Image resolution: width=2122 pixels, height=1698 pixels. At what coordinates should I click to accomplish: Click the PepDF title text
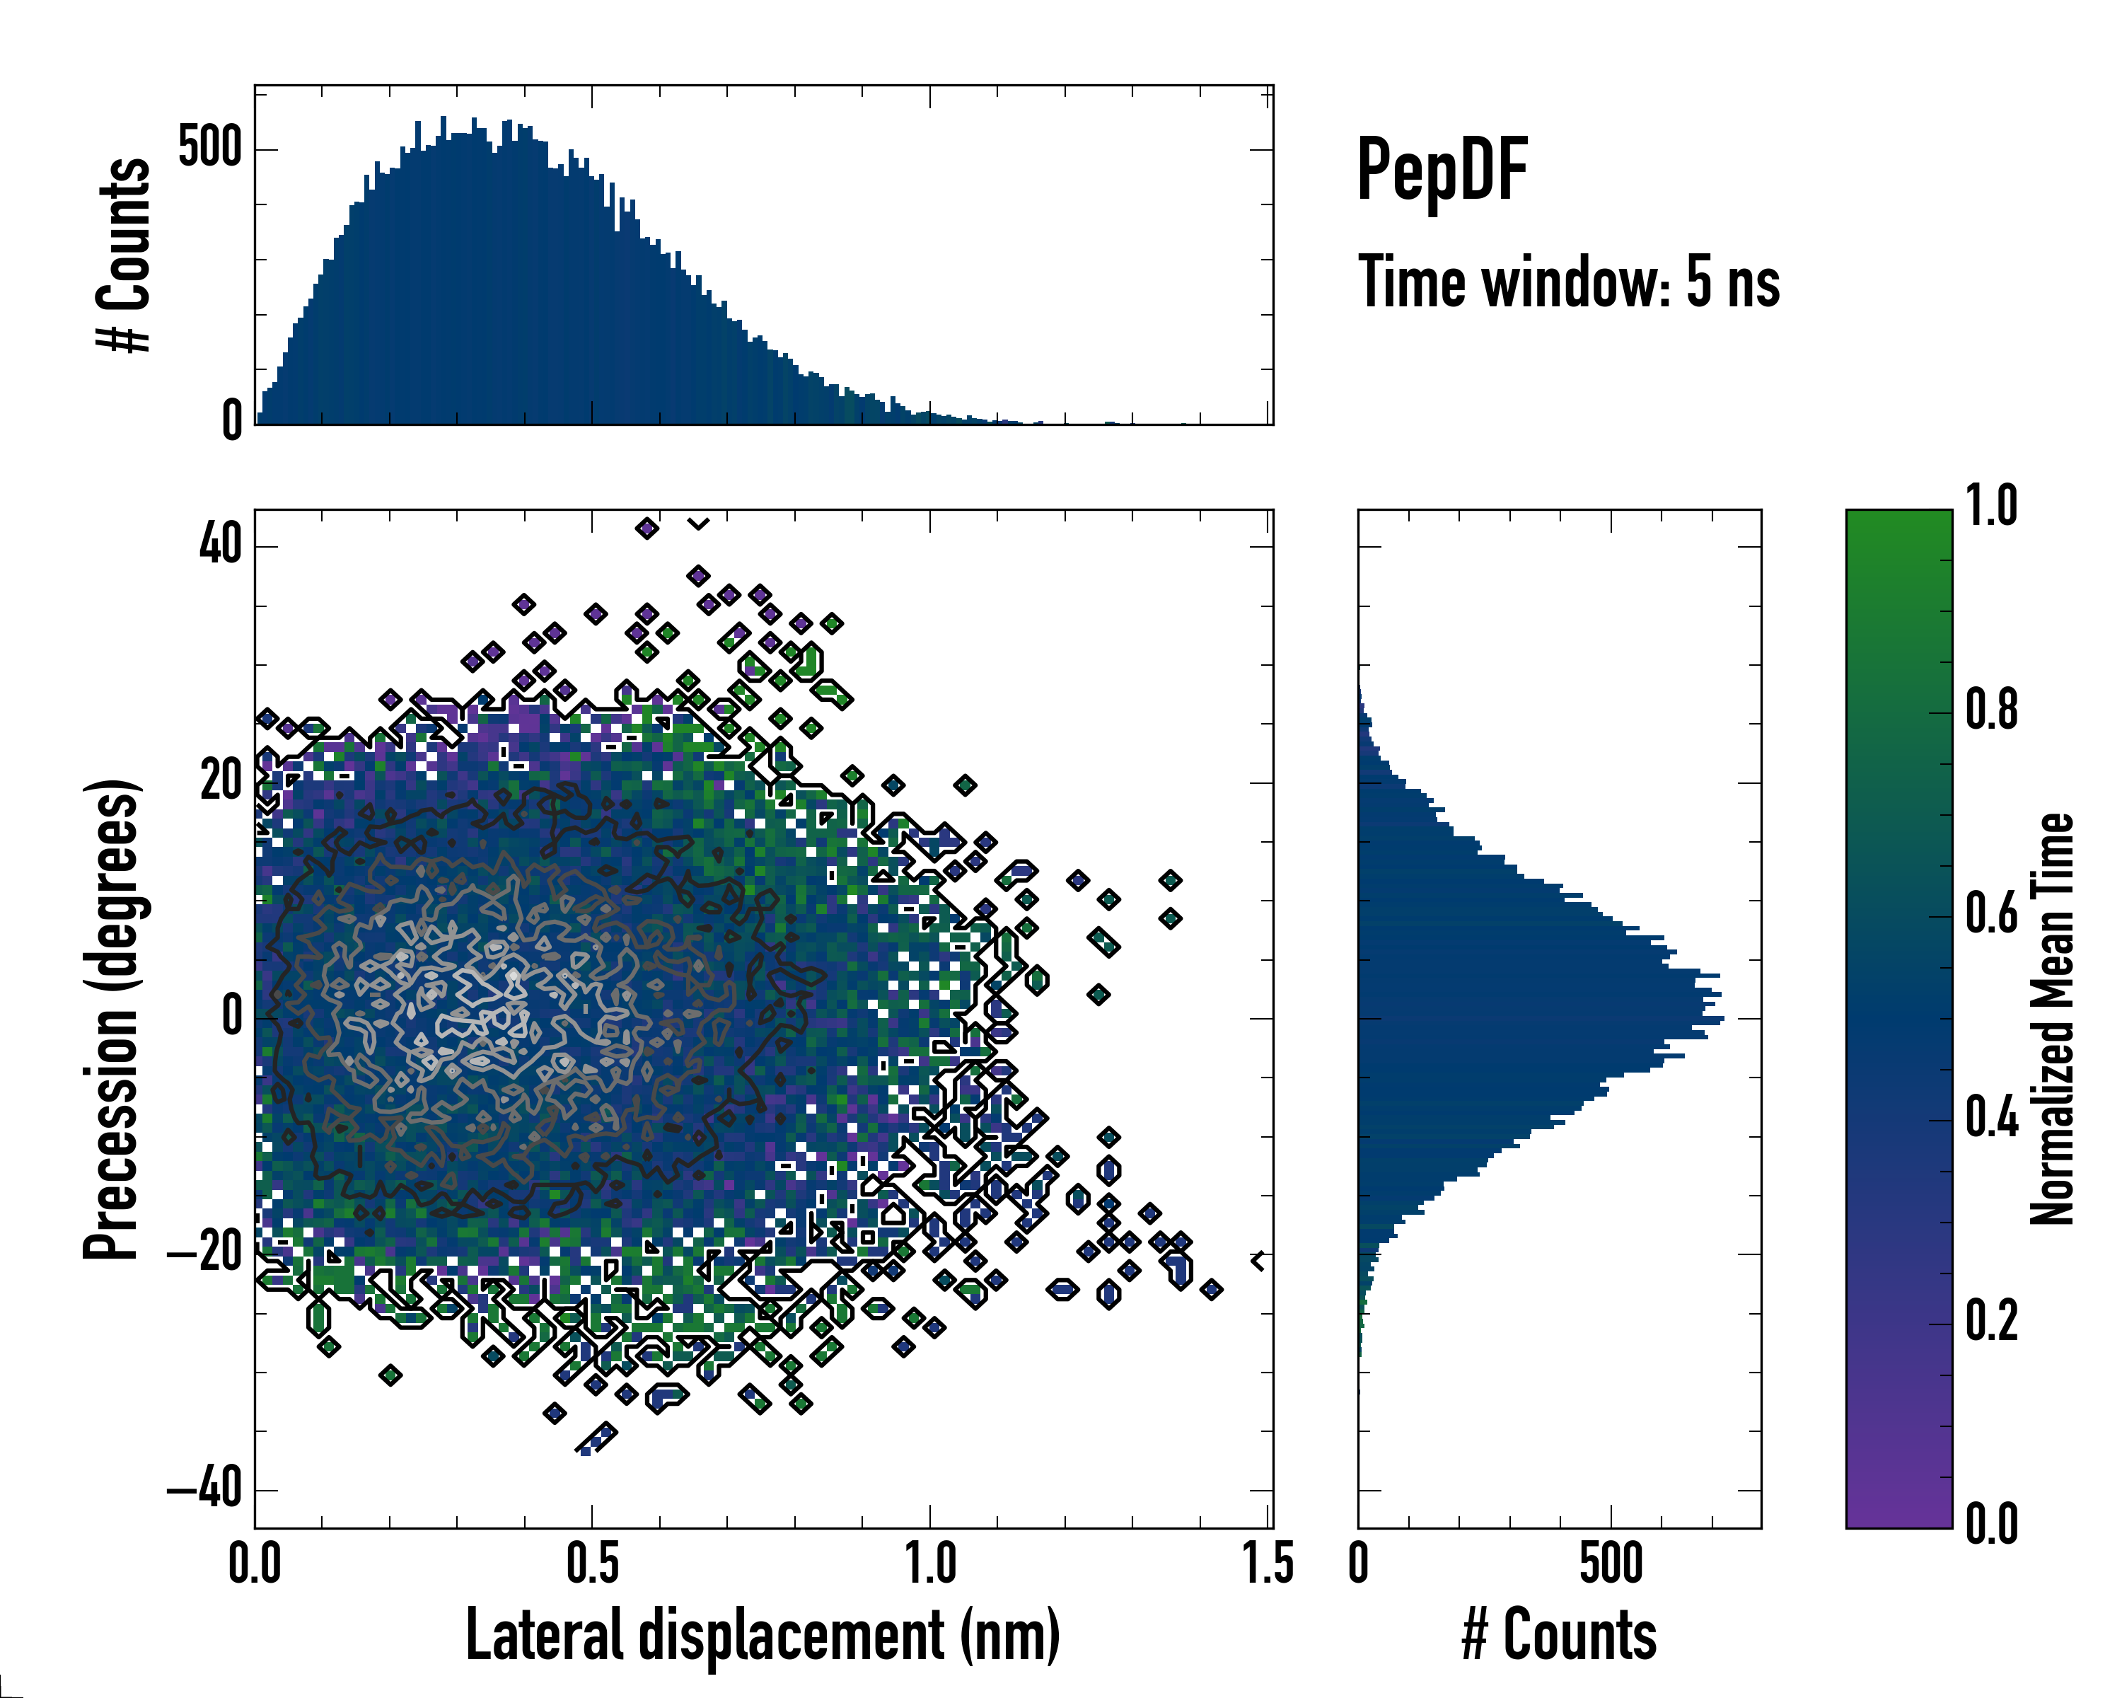[1442, 171]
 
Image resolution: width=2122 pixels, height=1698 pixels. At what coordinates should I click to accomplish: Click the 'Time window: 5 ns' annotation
[1569, 282]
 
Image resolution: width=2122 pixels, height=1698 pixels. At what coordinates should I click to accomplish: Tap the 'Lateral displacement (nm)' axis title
[763, 1635]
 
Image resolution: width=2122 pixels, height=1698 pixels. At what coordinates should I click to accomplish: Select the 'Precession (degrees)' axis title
[111, 1020]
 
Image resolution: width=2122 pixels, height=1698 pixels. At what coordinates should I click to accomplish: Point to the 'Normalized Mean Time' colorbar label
[2052, 1019]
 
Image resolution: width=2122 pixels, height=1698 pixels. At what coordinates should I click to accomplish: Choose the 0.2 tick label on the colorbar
[1991, 1321]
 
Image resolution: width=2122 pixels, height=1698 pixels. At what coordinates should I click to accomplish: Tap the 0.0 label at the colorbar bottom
[1991, 1525]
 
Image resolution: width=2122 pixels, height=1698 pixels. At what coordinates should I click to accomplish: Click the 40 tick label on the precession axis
[221, 543]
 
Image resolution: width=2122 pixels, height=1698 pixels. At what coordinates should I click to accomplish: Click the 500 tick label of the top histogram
[209, 149]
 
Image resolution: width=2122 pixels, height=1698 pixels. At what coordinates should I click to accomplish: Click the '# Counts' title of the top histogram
[124, 255]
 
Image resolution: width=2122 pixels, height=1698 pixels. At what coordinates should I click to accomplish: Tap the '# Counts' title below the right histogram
[1559, 1635]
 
